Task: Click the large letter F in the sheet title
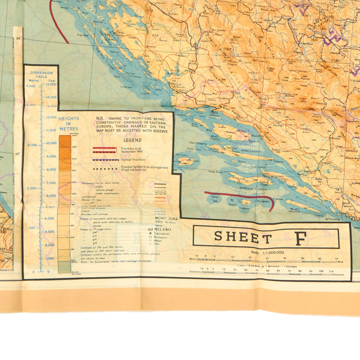(x=300, y=238)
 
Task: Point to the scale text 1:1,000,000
(x=268, y=252)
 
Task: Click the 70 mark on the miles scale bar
(x=337, y=259)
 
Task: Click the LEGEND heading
(x=133, y=140)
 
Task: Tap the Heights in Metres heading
(x=69, y=124)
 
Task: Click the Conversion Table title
(x=41, y=75)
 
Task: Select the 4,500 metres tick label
(x=31, y=86)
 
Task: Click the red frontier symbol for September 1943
(x=104, y=150)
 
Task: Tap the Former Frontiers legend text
(x=133, y=160)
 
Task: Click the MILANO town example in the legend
(x=162, y=229)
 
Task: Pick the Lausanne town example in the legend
(x=161, y=233)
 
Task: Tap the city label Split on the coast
(x=214, y=112)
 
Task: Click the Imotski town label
(x=278, y=125)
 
